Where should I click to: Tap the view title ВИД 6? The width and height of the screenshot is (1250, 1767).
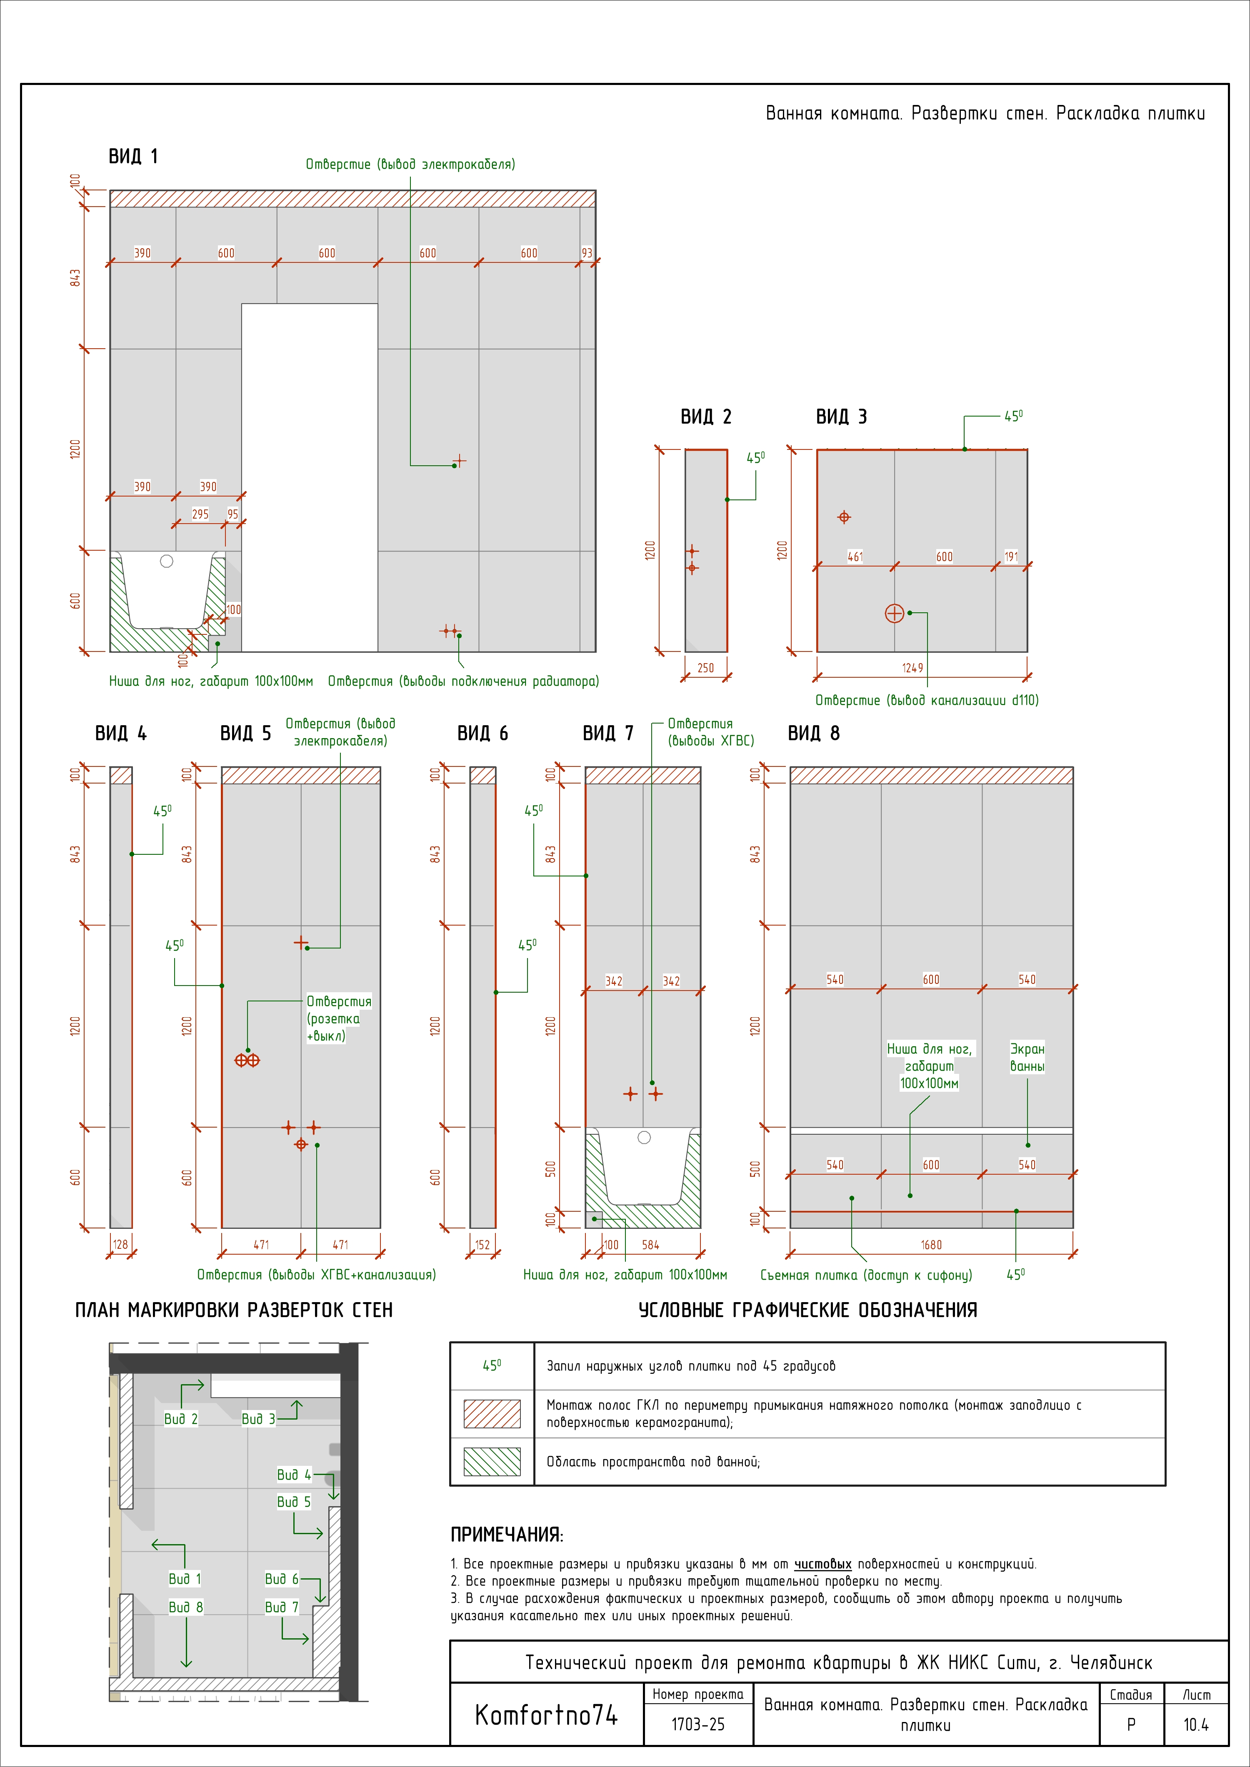(x=482, y=734)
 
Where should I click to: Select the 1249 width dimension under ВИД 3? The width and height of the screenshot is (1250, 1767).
(x=913, y=668)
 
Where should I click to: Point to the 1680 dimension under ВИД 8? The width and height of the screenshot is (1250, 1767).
(x=931, y=1245)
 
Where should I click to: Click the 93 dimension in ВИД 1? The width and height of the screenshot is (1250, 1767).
(x=587, y=253)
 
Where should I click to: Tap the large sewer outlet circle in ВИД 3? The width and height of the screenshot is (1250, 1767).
(x=895, y=614)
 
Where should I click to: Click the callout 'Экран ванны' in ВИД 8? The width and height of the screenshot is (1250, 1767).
(x=1027, y=1058)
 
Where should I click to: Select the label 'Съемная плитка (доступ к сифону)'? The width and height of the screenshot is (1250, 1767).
(x=866, y=1275)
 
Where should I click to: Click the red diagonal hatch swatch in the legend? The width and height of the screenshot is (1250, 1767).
(x=492, y=1414)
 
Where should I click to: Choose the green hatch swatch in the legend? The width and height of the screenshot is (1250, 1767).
(x=492, y=1462)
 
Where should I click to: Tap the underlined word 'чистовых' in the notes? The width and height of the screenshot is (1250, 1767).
(x=823, y=1564)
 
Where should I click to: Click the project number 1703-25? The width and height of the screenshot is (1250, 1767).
(x=697, y=1725)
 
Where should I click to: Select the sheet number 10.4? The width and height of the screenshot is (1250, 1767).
(x=1196, y=1725)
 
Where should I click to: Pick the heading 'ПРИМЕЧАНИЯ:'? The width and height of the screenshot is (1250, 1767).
(x=507, y=1535)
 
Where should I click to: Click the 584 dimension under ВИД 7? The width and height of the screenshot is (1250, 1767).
(x=650, y=1245)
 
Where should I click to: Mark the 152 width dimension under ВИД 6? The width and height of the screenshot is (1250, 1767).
(x=482, y=1245)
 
